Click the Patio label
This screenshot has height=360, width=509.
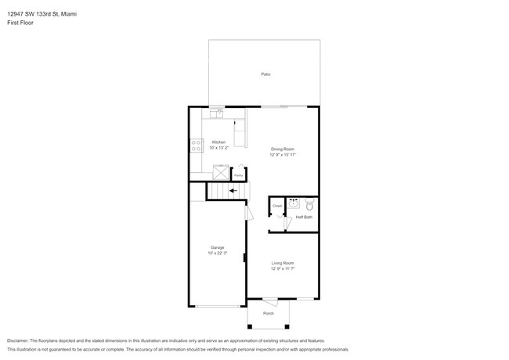[265, 74]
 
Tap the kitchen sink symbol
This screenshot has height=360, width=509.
[218, 113]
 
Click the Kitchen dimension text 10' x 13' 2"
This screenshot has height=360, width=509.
[218, 147]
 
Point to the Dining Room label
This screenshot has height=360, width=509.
[283, 149]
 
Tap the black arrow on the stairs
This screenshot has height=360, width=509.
[233, 190]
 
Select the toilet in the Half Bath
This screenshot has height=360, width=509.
[309, 204]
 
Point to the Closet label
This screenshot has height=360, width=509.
[276, 206]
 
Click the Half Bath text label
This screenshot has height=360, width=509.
[304, 217]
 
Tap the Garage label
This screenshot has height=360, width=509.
[217, 247]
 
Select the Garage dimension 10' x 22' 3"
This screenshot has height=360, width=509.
[217, 253]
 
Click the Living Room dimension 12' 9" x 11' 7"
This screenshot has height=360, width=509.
[283, 268]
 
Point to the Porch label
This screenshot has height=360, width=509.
[268, 314]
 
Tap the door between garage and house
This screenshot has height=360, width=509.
[248, 212]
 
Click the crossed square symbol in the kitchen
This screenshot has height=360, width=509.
[221, 170]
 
